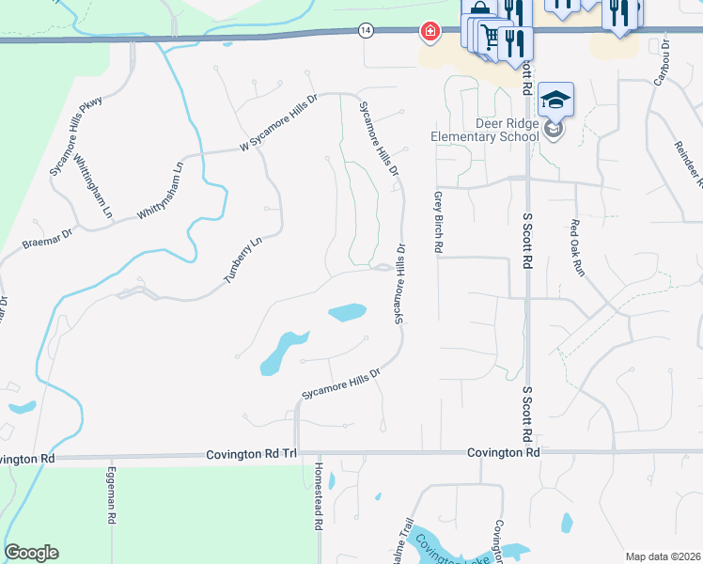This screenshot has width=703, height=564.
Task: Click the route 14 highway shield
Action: [366, 31]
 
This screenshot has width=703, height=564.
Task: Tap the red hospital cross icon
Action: [430, 33]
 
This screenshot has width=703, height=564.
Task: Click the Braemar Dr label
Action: [47, 238]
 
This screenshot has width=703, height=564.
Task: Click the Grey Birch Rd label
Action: [438, 223]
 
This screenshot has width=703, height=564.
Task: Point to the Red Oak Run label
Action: [578, 247]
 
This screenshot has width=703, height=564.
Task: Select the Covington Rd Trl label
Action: [251, 455]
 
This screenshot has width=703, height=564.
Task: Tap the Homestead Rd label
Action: [319, 509]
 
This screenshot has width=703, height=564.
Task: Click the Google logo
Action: [31, 553]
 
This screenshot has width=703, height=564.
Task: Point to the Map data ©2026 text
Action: [662, 556]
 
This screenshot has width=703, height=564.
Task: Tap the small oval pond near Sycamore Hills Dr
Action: [347, 312]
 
